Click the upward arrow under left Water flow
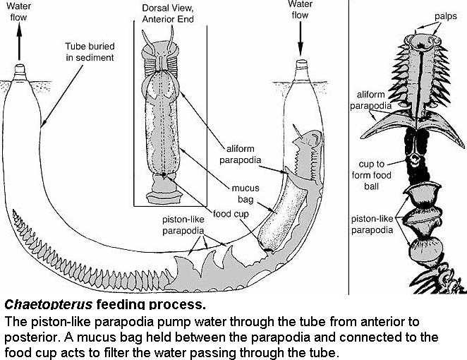tap(17, 44)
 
